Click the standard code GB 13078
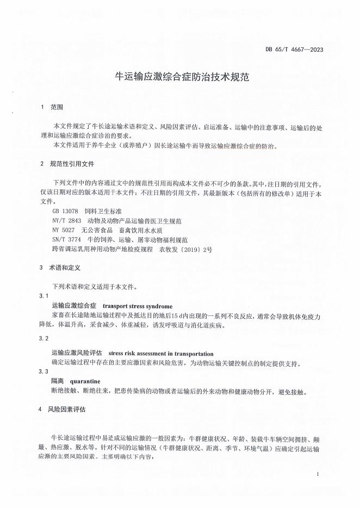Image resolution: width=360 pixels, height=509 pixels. point(65,210)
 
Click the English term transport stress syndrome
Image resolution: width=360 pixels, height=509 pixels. point(137,306)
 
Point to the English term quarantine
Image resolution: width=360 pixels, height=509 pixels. point(85,381)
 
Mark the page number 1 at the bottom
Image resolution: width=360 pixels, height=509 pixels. point(317,475)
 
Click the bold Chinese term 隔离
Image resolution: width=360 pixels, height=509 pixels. point(58,381)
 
